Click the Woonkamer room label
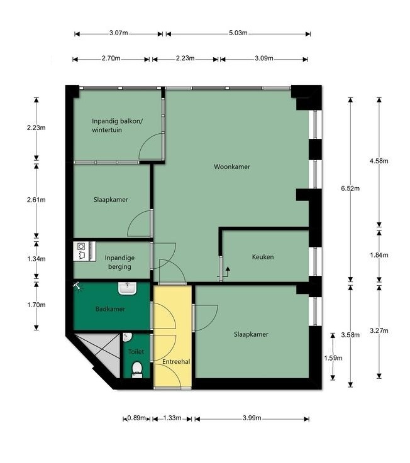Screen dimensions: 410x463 coord(232,167)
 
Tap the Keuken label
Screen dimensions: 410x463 coord(263,257)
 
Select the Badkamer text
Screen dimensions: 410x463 coord(110,309)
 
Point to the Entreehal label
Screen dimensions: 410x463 coord(176,361)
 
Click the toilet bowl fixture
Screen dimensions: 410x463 coord(136,370)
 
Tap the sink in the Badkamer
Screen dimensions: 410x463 coord(128,288)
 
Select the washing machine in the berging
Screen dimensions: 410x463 coord(80,251)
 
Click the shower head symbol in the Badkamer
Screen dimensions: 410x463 coord(77,286)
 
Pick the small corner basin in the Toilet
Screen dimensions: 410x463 coord(126,337)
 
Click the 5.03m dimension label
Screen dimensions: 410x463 coord(238,33)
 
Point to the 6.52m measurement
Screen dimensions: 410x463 coord(350,188)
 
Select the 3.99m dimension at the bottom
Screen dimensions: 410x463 coord(252,418)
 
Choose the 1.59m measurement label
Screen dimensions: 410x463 coord(333,358)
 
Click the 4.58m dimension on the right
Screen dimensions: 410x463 coord(379,161)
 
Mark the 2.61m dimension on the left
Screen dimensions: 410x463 coord(36,200)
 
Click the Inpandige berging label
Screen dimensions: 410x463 coord(119,262)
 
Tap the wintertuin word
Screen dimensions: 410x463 coord(107,130)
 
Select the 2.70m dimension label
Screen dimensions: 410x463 coord(111,58)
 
